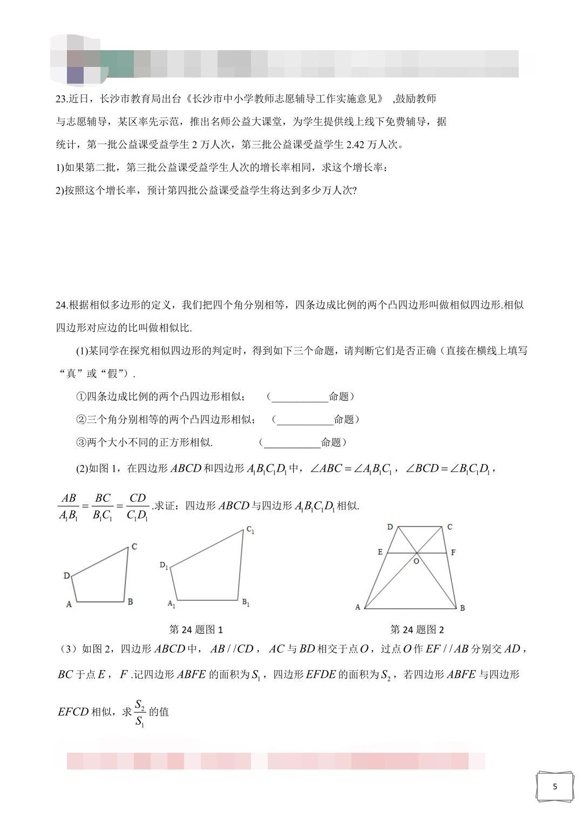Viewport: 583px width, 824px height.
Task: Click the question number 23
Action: point(61,99)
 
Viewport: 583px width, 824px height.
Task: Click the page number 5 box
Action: point(554,786)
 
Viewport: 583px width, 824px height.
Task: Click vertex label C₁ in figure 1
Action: point(250,530)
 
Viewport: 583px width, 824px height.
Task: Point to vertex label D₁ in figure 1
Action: point(164,566)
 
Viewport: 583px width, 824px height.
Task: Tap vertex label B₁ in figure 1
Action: point(246,603)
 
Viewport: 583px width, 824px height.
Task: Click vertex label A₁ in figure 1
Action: point(171,604)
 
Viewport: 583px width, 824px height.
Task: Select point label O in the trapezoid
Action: point(416,561)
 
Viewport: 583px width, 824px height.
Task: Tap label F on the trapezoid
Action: point(453,552)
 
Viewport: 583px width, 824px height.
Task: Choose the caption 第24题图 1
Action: point(196,629)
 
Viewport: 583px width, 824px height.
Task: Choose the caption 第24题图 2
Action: point(417,629)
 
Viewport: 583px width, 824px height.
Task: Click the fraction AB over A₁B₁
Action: point(69,507)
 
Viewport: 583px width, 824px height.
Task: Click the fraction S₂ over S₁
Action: point(140,712)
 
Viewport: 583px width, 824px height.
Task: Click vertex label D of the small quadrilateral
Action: point(67,576)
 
